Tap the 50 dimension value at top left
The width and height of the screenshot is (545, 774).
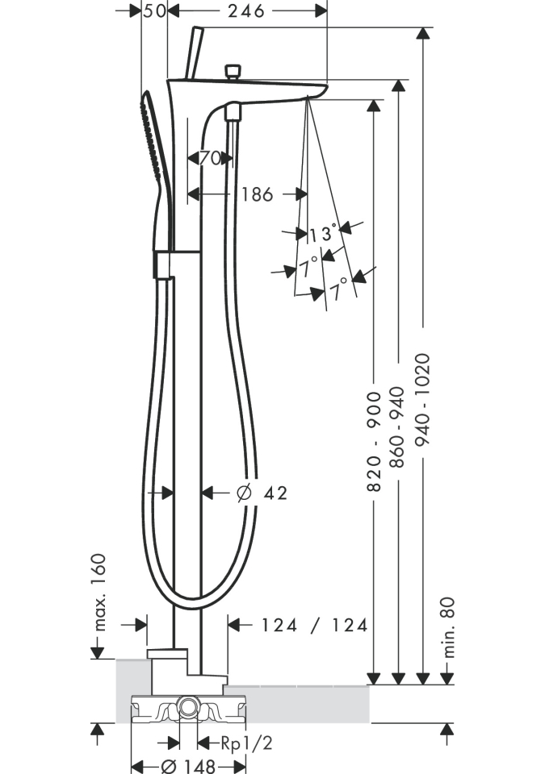[154, 10]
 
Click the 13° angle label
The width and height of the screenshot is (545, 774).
[321, 234]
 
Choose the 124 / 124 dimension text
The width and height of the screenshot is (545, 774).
[314, 625]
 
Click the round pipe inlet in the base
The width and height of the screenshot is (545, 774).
[188, 707]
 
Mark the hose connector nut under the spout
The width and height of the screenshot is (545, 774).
[232, 111]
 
